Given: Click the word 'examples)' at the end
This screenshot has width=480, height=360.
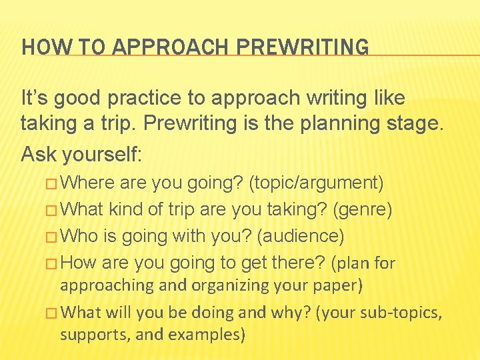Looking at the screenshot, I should [209, 334].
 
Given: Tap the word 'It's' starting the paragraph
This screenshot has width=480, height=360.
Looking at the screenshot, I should [33, 98].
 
